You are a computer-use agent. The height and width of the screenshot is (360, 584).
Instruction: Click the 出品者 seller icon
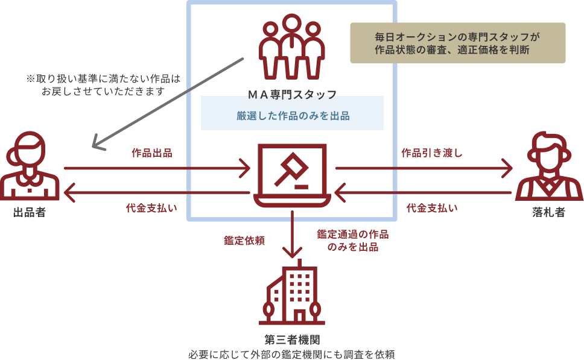pyautogui.click(x=30, y=166)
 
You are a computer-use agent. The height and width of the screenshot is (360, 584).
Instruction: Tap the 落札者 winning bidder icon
pyautogui.click(x=549, y=166)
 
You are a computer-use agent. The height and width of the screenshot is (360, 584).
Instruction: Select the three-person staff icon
pyautogui.click(x=292, y=46)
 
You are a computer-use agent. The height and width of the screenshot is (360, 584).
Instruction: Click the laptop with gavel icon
pyautogui.click(x=293, y=175)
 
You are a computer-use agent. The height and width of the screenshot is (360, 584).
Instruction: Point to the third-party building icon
pyautogui.click(x=292, y=292)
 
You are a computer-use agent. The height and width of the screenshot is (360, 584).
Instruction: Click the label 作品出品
pyautogui.click(x=152, y=153)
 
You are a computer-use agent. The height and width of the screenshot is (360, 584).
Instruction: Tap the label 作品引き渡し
pyautogui.click(x=432, y=153)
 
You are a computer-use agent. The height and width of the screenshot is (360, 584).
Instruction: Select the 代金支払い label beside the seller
pyautogui.click(x=151, y=208)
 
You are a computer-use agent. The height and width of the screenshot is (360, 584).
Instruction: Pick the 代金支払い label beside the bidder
pyautogui.click(x=432, y=208)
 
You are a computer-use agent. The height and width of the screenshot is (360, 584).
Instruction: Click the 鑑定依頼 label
pyautogui.click(x=244, y=241)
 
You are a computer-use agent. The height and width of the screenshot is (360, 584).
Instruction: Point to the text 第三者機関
pyautogui.click(x=293, y=340)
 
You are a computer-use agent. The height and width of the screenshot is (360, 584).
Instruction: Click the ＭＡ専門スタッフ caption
pyautogui.click(x=293, y=95)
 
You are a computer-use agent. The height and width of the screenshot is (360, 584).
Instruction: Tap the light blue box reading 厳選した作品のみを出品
pyautogui.click(x=293, y=113)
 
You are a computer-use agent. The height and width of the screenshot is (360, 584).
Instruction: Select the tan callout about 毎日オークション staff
pyautogui.click(x=458, y=43)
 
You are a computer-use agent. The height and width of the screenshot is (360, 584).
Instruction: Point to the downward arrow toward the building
pyautogui.click(x=293, y=234)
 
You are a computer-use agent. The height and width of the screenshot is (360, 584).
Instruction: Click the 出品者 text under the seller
pyautogui.click(x=30, y=213)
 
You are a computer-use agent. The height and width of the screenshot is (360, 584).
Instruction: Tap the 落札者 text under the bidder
pyautogui.click(x=549, y=213)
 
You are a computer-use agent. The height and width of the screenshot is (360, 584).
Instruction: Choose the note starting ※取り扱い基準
pyautogui.click(x=103, y=85)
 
